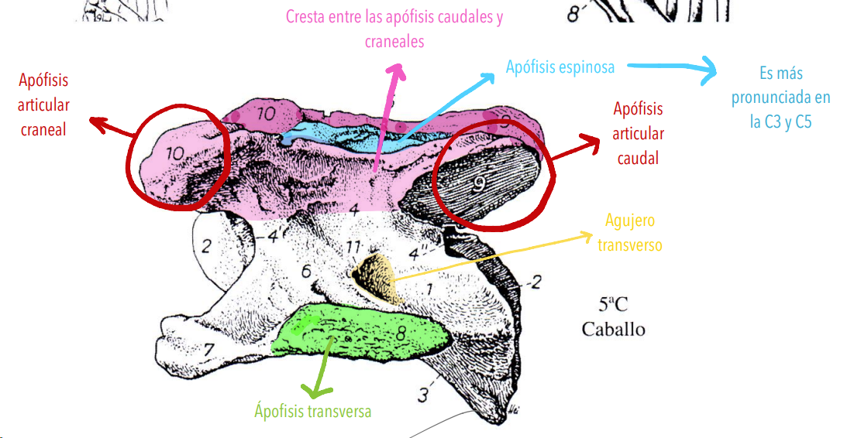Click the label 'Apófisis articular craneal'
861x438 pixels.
pyautogui.click(x=43, y=105)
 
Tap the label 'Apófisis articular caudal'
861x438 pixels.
pyautogui.click(x=638, y=133)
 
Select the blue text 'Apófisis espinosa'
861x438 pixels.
pyautogui.click(x=560, y=67)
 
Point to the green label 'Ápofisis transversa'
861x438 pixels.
pyautogui.click(x=312, y=411)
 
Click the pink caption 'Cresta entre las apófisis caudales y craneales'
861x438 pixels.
pyautogui.click(x=394, y=29)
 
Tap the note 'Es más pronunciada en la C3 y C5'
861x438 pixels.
pyautogui.click(x=780, y=98)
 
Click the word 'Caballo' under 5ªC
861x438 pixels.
pyautogui.click(x=613, y=329)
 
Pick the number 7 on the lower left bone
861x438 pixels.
pyautogui.click(x=208, y=349)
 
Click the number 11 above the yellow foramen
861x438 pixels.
pyautogui.click(x=353, y=248)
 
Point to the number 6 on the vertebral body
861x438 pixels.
pyautogui.click(x=306, y=271)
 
